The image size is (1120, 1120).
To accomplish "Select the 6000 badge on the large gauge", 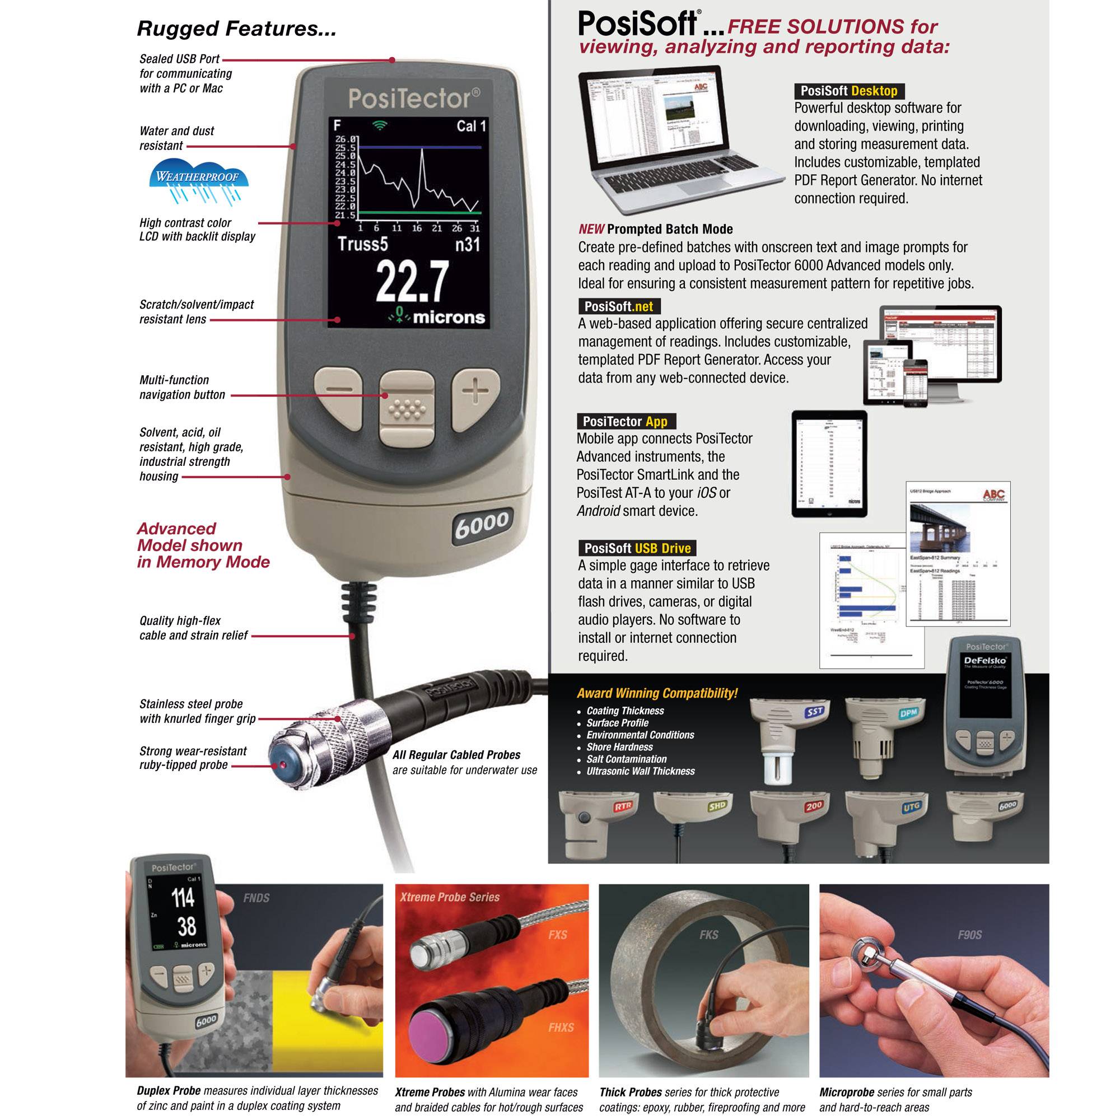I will coord(482,525).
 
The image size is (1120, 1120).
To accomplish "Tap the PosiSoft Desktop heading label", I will coord(849,91).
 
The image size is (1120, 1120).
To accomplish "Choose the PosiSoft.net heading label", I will coord(619,307).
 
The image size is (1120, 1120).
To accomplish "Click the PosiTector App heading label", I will coord(625,422).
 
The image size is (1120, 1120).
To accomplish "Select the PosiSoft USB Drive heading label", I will coord(637,548).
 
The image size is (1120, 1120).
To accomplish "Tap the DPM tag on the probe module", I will coord(908,713).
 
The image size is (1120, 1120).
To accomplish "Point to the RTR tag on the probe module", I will coord(623,806).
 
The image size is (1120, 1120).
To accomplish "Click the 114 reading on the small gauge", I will coord(183,898).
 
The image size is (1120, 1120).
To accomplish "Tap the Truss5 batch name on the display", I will coord(363,244).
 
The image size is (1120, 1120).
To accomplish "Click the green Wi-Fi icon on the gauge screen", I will coord(380,125).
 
